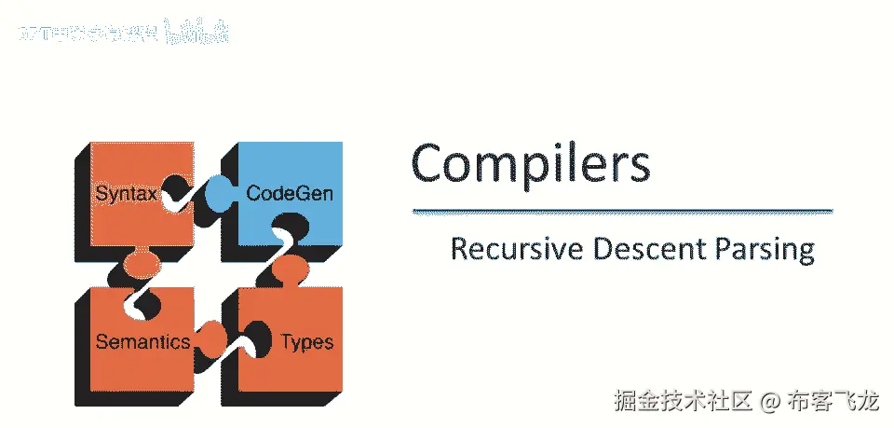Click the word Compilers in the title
pyautogui.click(x=530, y=163)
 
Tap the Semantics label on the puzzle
pyautogui.click(x=142, y=341)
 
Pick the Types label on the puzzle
pyautogui.click(x=306, y=341)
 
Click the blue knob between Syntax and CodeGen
pyautogui.click(x=219, y=192)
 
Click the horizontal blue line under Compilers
pyautogui.click(x=621, y=212)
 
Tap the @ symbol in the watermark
pyautogui.click(x=768, y=402)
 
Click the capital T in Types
pyautogui.click(x=286, y=341)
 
